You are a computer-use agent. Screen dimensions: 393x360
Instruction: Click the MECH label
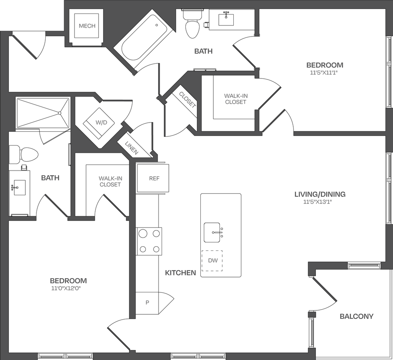pyautogui.click(x=87, y=26)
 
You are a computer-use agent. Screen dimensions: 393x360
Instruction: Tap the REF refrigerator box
pyautogui.click(x=154, y=178)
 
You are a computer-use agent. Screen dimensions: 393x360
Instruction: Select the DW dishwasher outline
pyautogui.click(x=213, y=260)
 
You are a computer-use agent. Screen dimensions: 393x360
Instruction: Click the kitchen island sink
pyautogui.click(x=212, y=232)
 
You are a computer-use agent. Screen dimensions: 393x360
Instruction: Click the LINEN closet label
pyautogui.click(x=131, y=148)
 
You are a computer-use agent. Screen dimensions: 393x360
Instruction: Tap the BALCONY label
pyautogui.click(x=356, y=317)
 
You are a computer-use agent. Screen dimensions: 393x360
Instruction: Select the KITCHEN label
pyautogui.click(x=180, y=273)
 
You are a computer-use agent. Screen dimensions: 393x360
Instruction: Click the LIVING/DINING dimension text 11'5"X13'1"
pyautogui.click(x=317, y=202)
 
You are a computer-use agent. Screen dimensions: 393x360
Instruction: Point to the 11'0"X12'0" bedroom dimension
pyautogui.click(x=68, y=288)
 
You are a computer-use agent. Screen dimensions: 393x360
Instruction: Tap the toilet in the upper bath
pyautogui.click(x=192, y=24)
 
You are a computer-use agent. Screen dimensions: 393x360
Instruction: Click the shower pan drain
pyautogui.click(x=59, y=113)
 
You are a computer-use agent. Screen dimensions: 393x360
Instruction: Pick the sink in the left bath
pyautogui.click(x=19, y=187)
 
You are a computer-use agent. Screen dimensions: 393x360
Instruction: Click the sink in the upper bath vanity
pyautogui.click(x=226, y=19)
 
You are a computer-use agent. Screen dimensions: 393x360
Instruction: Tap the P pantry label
pyautogui.click(x=147, y=302)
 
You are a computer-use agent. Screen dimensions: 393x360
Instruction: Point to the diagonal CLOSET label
pyautogui.click(x=187, y=100)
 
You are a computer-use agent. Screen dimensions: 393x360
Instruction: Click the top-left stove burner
pyautogui.click(x=143, y=233)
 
